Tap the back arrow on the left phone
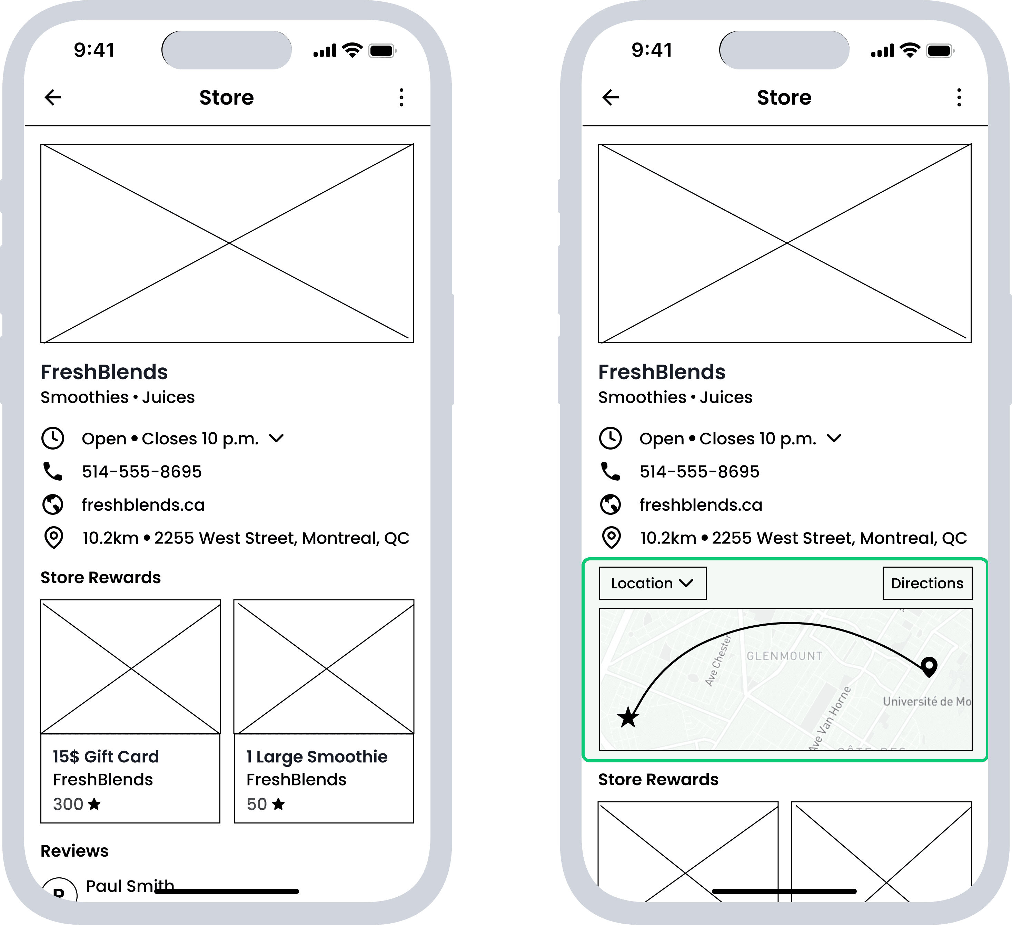(53, 97)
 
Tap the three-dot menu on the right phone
(959, 97)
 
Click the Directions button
(927, 583)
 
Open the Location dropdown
(653, 583)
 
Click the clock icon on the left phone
(53, 438)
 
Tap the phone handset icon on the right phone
(611, 471)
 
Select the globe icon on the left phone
(53, 504)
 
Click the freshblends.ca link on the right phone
(701, 505)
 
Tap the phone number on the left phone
(142, 472)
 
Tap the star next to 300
(94, 804)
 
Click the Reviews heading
(74, 851)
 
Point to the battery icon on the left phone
(383, 51)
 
